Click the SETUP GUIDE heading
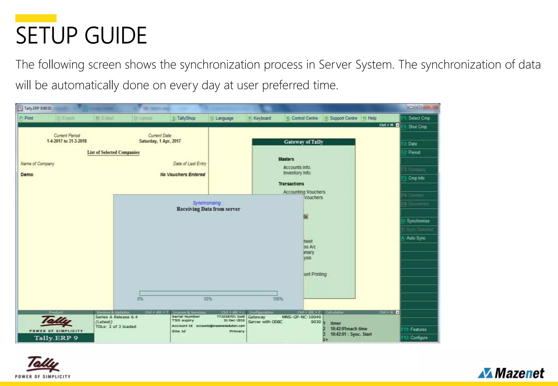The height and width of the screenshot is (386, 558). (x=81, y=35)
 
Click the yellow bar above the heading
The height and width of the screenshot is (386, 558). (x=36, y=18)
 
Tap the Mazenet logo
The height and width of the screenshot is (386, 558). (x=511, y=373)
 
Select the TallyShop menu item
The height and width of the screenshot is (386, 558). (x=184, y=118)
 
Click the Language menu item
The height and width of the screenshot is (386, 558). (x=222, y=118)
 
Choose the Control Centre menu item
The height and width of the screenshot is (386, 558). (x=302, y=118)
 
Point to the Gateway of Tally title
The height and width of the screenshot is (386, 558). (x=304, y=142)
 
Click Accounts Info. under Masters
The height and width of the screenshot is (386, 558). (x=297, y=167)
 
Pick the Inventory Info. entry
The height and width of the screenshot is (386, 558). (x=297, y=173)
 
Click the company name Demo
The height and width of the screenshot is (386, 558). (x=27, y=174)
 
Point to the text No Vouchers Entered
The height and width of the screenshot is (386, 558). (x=183, y=174)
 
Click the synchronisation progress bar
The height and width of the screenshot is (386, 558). (x=208, y=293)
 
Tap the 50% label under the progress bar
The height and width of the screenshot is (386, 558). (x=208, y=299)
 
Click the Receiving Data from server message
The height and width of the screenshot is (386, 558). (x=208, y=209)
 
